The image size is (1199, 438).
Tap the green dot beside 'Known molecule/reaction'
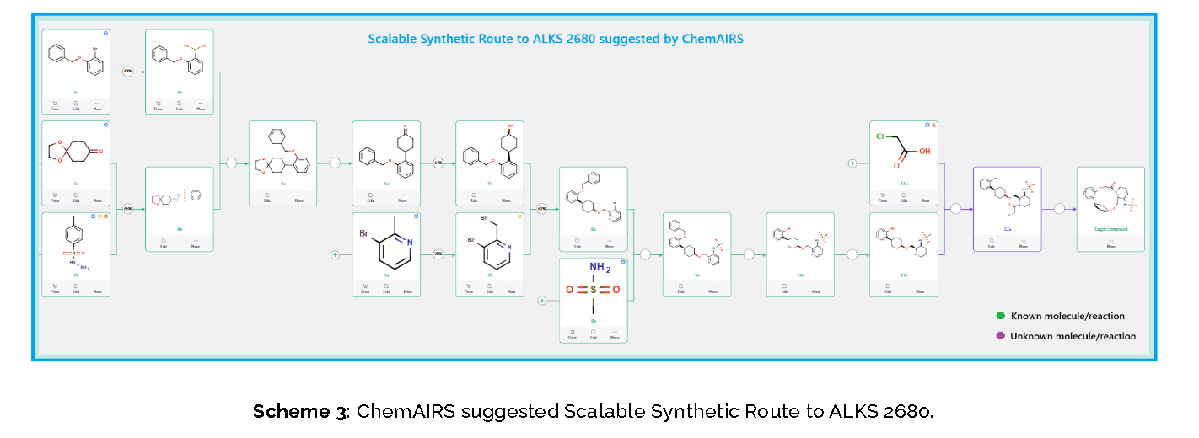tap(1001, 316)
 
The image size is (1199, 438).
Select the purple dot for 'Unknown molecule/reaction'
tap(1001, 335)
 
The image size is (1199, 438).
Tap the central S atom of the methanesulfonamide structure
tap(593, 290)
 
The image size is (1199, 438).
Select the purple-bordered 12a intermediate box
tap(1007, 208)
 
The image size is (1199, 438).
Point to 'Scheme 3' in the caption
tap(299, 412)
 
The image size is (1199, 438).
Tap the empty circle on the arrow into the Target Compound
tap(1059, 209)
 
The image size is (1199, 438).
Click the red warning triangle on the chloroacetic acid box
tap(933, 125)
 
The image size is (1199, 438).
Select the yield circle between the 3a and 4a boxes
tap(128, 72)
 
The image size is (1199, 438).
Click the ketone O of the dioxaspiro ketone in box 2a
tap(100, 152)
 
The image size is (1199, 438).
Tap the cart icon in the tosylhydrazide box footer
tap(55, 285)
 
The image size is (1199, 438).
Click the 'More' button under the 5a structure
tap(298, 198)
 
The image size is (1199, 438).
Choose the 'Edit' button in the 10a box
tap(784, 289)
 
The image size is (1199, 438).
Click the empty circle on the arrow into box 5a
tap(231, 163)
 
